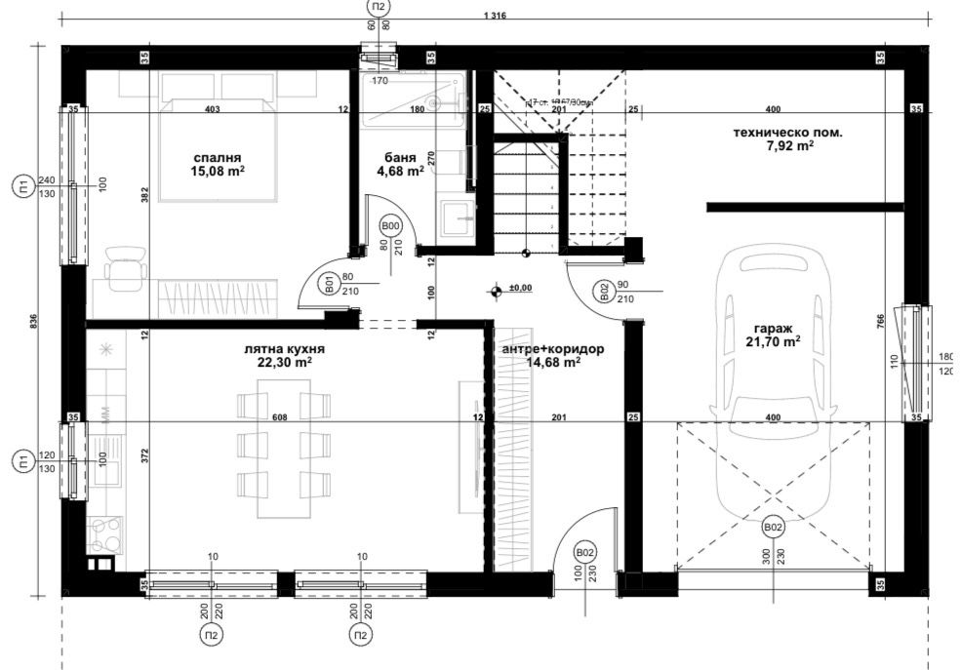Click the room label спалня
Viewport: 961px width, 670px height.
click(x=218, y=157)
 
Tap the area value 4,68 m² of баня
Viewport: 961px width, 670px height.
click(x=400, y=171)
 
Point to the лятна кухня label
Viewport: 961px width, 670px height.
click(x=284, y=348)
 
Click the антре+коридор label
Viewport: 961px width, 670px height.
click(x=553, y=348)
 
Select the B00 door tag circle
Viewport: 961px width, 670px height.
click(x=391, y=226)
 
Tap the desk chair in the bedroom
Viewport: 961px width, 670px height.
click(x=125, y=269)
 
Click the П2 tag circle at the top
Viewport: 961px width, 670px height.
click(x=376, y=9)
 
